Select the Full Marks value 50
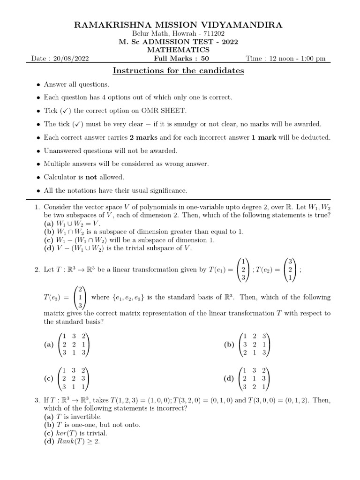pos(205,59)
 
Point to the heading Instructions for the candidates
pos(179,71)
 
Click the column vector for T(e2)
pos(290,270)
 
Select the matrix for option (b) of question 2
pos(254,345)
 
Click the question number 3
pos(37,400)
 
